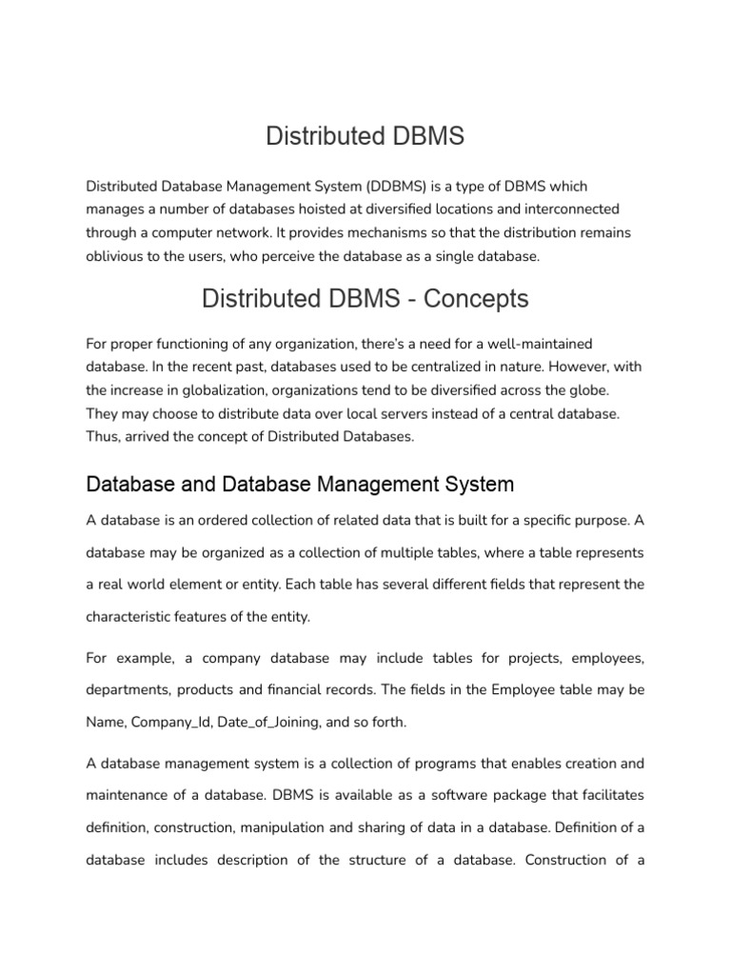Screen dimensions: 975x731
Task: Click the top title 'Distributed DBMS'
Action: pos(365,136)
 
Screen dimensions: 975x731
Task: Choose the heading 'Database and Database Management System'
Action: pos(300,484)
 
